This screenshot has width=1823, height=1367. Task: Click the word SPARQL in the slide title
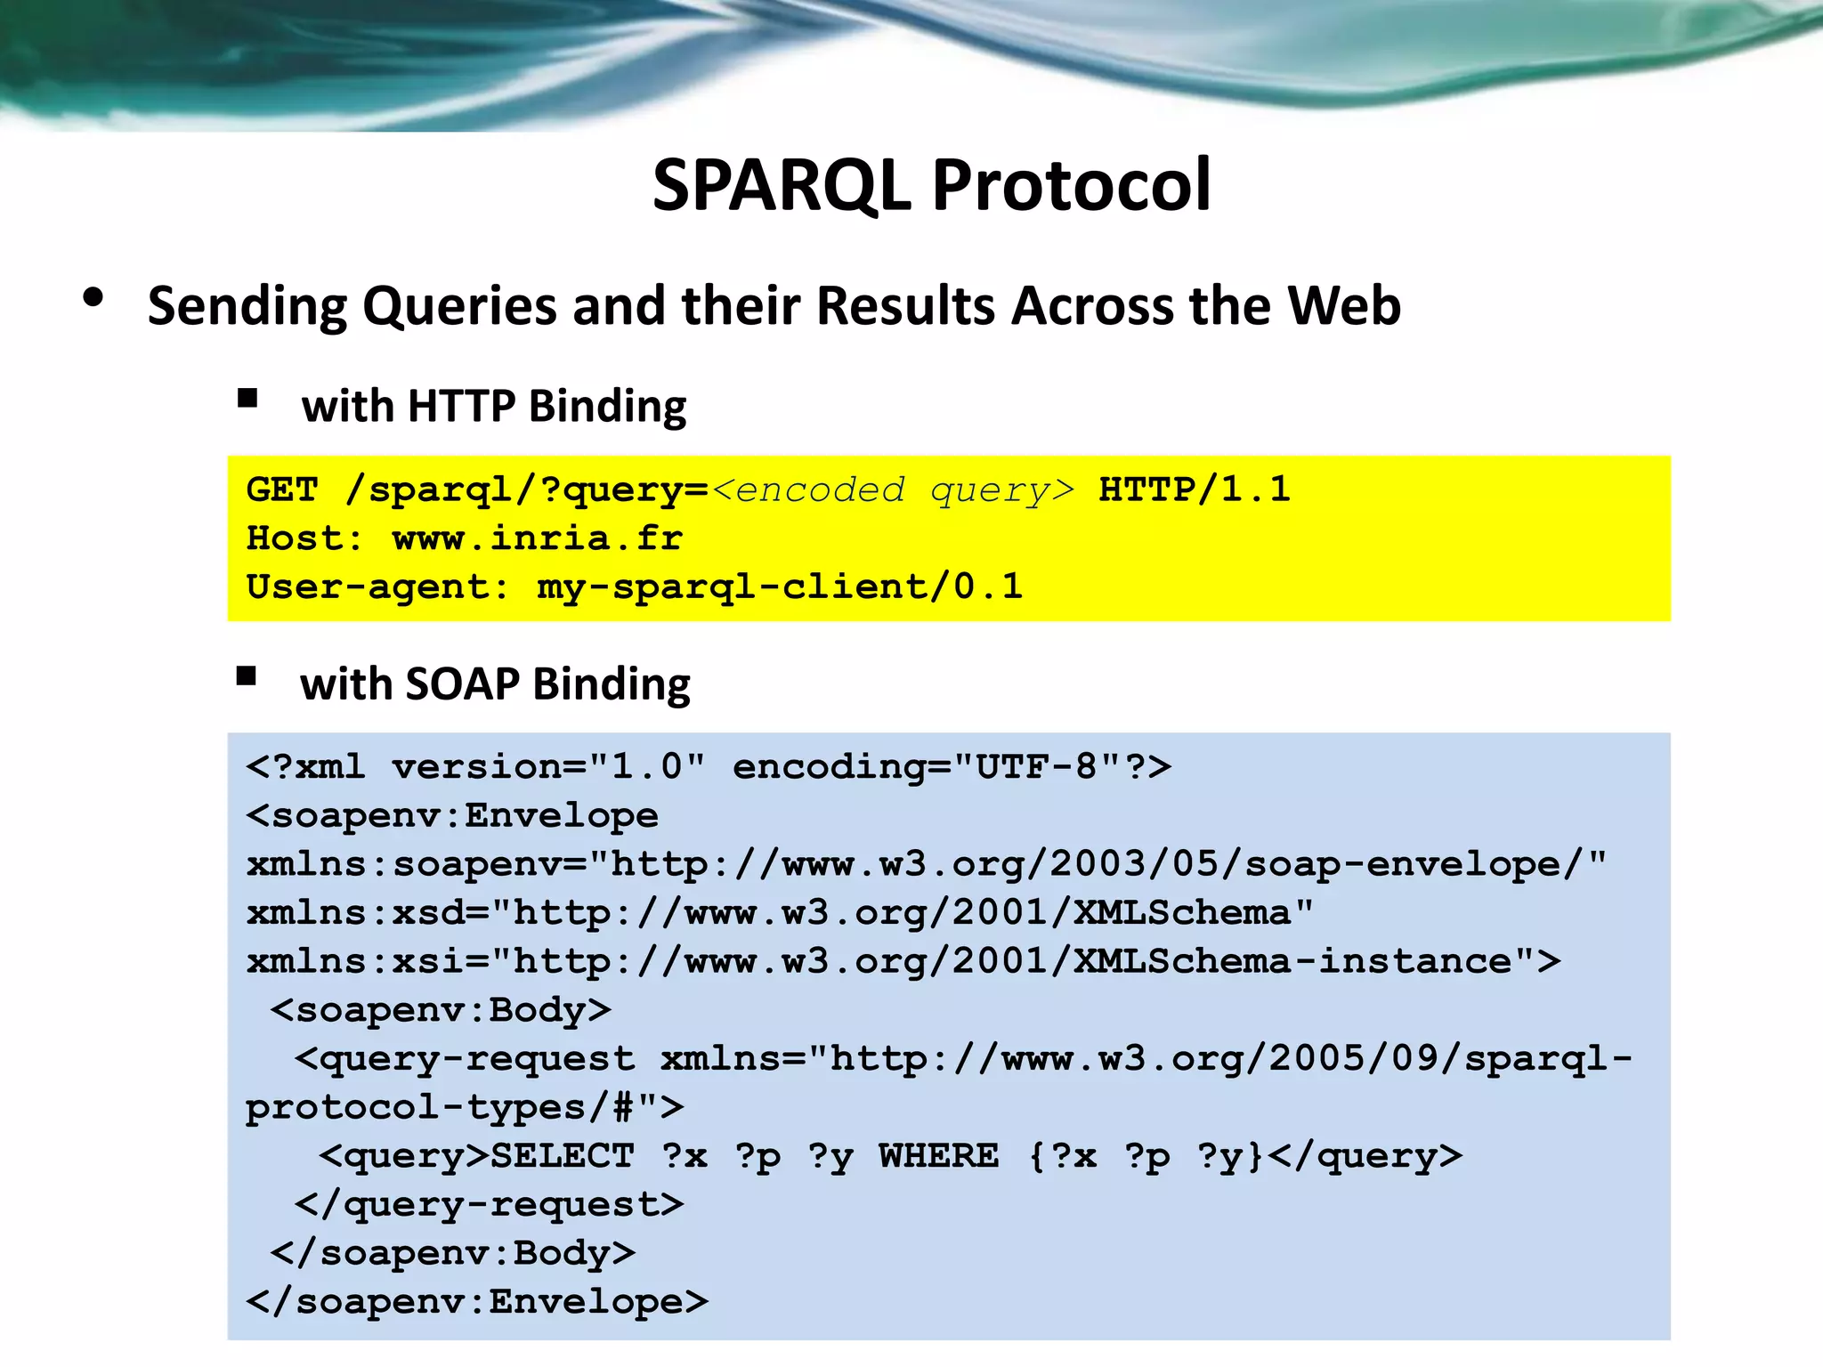click(782, 186)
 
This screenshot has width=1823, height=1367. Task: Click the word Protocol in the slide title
click(1071, 186)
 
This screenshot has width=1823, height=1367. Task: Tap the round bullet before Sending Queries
click(93, 298)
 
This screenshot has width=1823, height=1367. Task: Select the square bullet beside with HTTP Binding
click(247, 398)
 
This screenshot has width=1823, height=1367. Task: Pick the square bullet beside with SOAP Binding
click(247, 676)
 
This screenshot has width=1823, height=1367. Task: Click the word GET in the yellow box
click(281, 489)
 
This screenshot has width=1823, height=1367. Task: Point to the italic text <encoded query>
click(893, 489)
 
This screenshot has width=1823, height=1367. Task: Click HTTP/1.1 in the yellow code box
click(1194, 489)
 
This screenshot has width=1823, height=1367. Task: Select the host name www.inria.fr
click(537, 538)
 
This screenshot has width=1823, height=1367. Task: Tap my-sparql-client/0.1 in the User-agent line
click(779, 587)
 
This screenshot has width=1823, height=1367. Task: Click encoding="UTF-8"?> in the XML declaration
click(951, 766)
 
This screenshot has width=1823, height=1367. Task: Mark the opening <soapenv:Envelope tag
click(452, 815)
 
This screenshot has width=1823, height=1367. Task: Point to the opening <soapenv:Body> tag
click(441, 1010)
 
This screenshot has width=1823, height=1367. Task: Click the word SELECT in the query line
click(563, 1156)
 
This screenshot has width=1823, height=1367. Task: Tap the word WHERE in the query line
click(938, 1156)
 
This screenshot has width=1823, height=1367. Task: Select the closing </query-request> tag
click(489, 1204)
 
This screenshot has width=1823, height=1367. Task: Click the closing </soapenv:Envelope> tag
click(477, 1302)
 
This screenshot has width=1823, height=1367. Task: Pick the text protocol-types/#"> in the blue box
click(465, 1108)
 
